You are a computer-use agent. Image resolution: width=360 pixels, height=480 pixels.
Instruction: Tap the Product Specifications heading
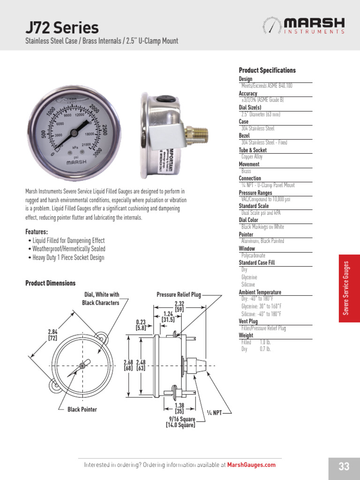267,70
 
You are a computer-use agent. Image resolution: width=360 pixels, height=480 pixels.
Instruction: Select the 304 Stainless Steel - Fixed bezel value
264,142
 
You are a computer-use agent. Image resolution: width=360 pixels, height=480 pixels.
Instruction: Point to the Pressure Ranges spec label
255,193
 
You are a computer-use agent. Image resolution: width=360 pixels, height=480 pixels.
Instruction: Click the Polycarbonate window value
253,255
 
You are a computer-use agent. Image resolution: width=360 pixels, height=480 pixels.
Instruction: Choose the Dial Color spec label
248,220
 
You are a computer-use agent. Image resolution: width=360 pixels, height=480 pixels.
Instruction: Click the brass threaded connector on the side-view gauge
193,134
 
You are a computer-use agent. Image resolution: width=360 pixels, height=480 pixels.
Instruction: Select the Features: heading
37,232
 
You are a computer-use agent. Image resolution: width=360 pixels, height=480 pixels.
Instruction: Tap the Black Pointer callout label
82,410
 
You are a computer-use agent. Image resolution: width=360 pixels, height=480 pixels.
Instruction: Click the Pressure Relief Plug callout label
178,295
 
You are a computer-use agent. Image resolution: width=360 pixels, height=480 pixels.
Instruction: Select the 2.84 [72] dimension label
52,335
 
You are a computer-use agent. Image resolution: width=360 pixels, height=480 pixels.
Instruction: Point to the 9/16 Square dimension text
182,419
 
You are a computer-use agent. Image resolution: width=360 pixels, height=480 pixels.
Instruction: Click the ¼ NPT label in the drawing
214,413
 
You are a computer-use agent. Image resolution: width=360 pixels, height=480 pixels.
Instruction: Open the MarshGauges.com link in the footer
251,465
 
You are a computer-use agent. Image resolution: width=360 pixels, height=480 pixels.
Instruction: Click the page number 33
344,466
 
